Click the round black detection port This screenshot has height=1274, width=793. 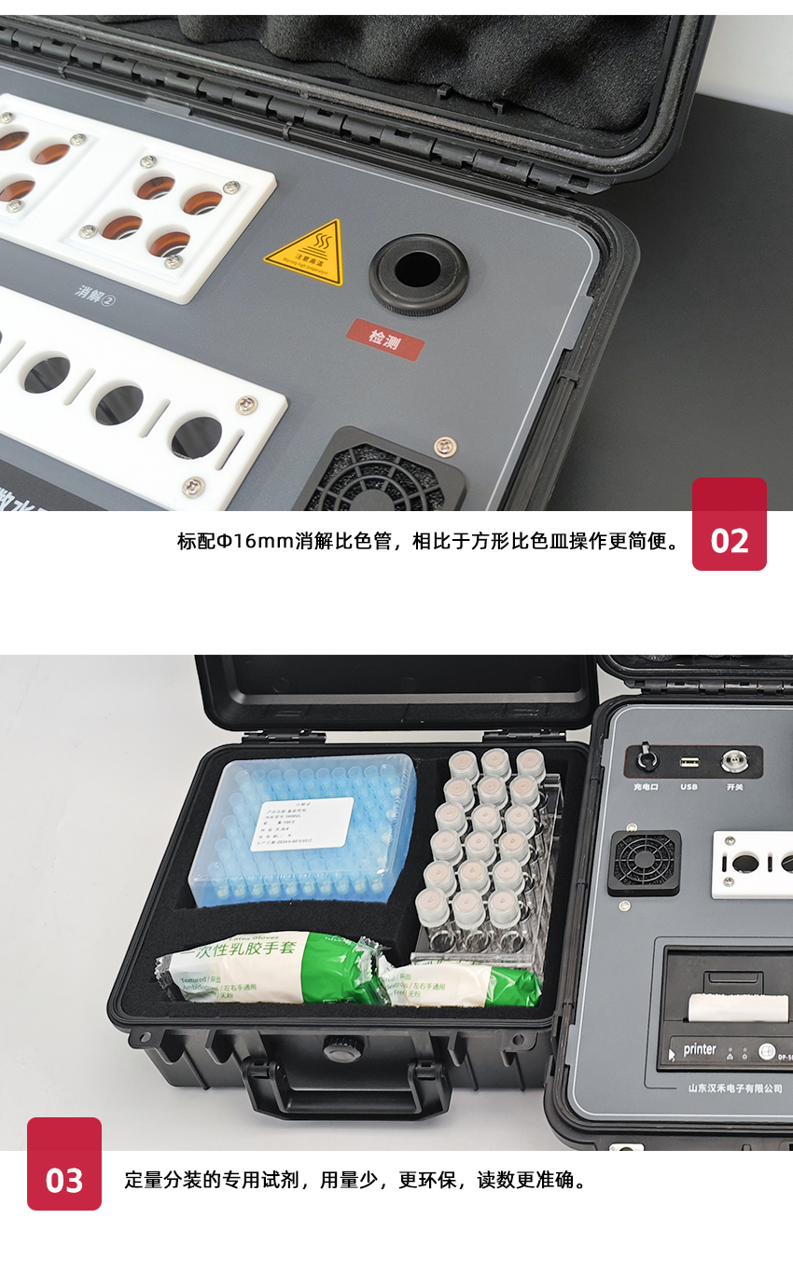[417, 272]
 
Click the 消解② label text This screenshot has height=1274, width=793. [94, 294]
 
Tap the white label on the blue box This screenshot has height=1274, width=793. [305, 824]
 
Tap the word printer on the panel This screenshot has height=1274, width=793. [700, 1049]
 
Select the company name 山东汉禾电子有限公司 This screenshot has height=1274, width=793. [734, 1087]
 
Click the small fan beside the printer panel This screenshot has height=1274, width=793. [644, 863]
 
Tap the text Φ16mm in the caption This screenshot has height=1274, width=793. [254, 542]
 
